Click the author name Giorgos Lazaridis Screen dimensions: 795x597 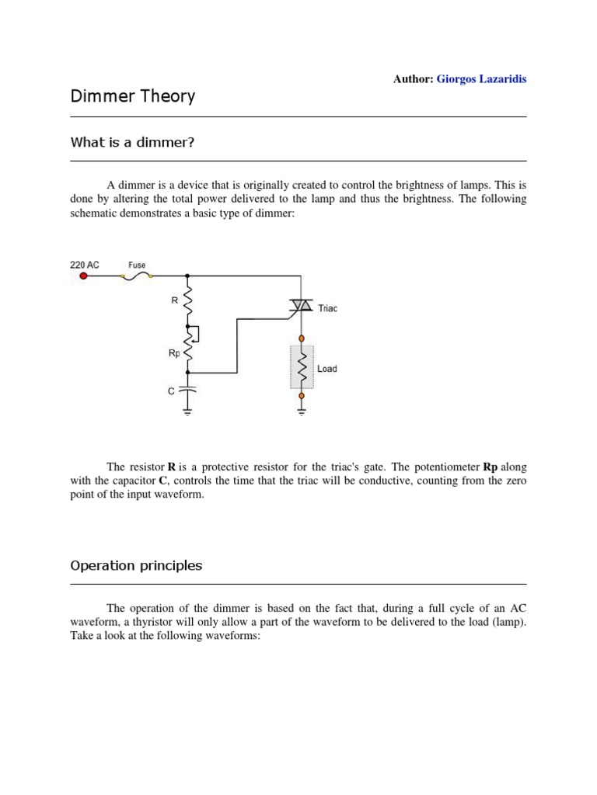point(481,79)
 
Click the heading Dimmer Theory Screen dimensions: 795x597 point(132,97)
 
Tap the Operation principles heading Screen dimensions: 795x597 point(136,565)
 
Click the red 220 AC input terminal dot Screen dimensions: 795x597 point(84,276)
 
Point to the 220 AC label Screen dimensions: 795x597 point(85,265)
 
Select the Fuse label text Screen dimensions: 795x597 point(137,265)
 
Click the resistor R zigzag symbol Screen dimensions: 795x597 point(188,300)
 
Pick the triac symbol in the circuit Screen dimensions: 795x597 point(301,307)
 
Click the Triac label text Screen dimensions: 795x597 point(328,308)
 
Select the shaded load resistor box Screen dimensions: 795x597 point(302,366)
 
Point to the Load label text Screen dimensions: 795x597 point(327,369)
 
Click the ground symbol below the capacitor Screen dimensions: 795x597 point(188,412)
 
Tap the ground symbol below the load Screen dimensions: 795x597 point(302,411)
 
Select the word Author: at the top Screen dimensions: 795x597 point(413,79)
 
